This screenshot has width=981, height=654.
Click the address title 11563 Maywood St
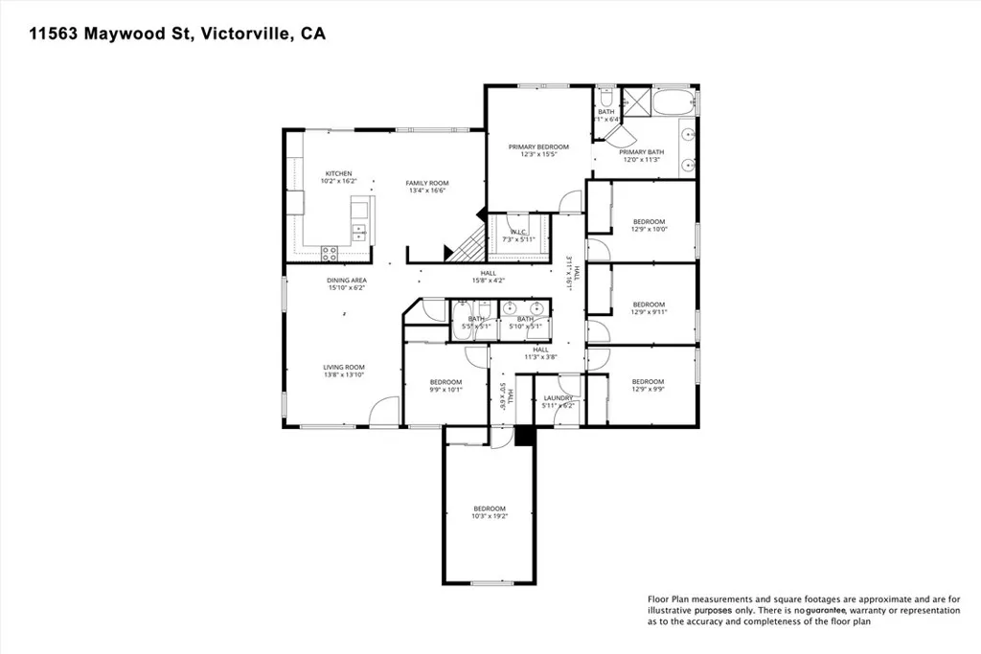tap(177, 34)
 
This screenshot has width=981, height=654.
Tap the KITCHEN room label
tap(338, 173)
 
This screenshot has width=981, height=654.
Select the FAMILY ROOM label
tap(426, 183)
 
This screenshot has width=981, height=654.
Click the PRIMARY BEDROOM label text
tap(537, 147)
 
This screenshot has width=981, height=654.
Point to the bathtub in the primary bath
tap(674, 101)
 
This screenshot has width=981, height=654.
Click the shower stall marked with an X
tap(634, 101)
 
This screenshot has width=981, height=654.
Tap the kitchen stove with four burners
tap(331, 254)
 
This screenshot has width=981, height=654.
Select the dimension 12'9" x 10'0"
tap(649, 230)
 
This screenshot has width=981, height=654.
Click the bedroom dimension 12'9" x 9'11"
tap(649, 312)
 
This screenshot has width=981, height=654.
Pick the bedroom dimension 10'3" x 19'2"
tap(489, 516)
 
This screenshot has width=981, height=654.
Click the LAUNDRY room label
tap(559, 397)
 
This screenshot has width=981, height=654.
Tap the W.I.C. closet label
tap(518, 231)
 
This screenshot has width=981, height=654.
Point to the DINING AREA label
tap(347, 281)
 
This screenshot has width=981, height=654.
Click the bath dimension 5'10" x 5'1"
tap(525, 327)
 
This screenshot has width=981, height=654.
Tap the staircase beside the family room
tap(468, 245)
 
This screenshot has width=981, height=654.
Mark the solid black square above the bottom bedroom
tap(523, 436)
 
